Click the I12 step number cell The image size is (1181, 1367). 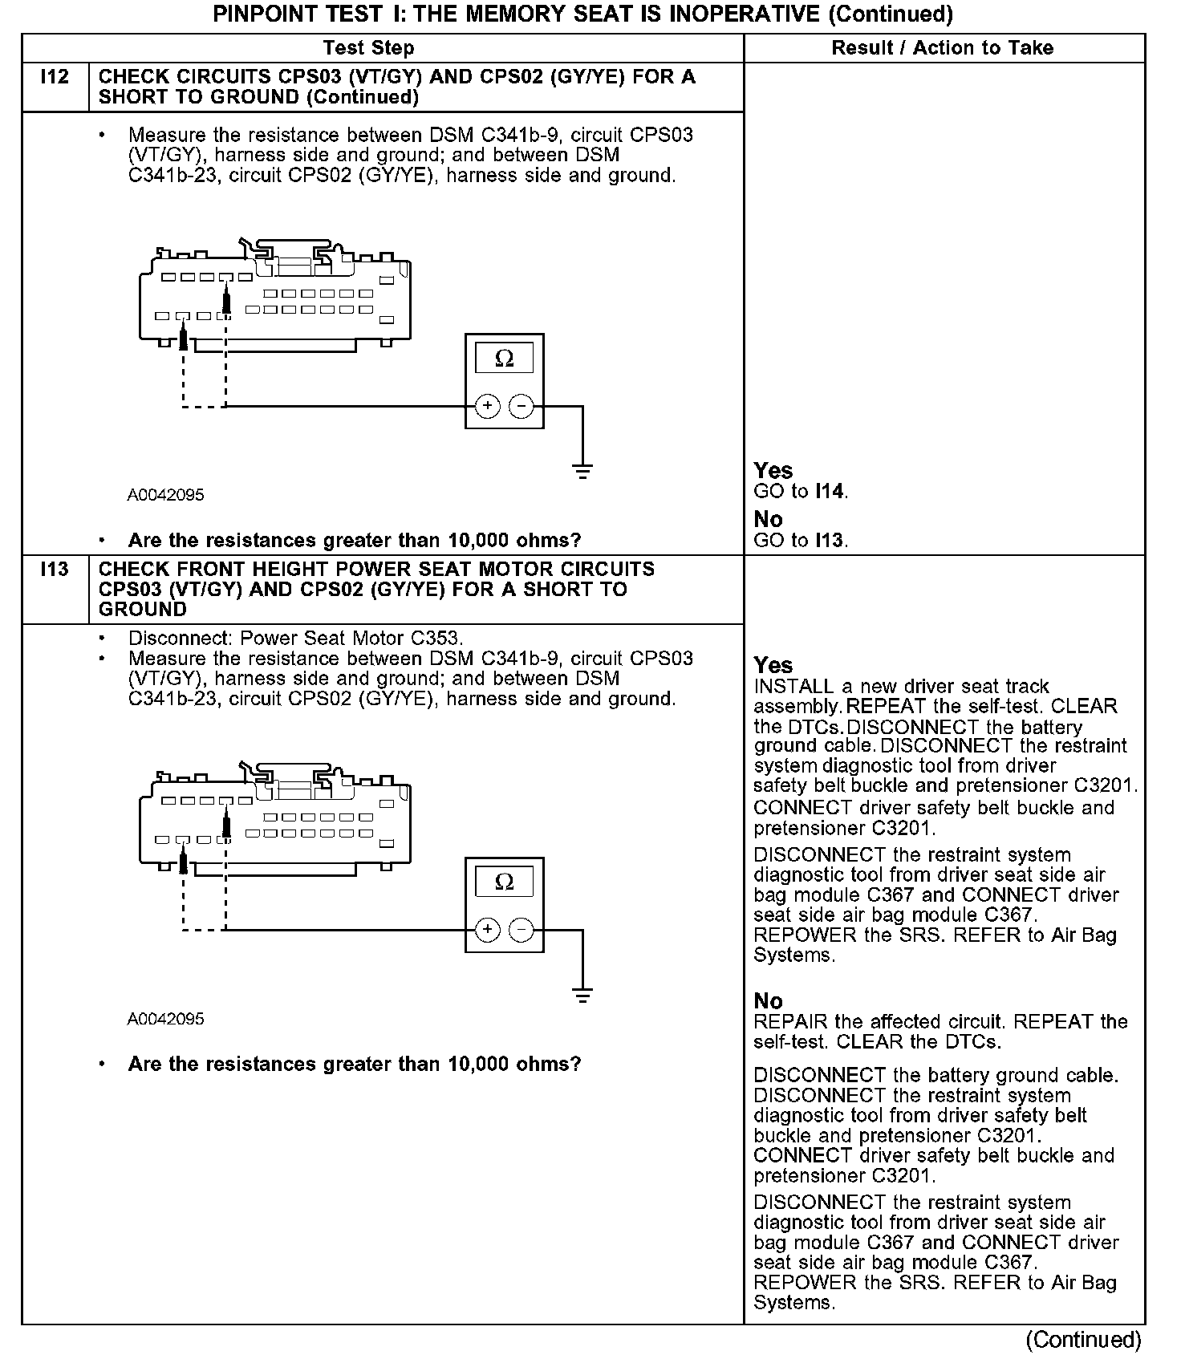pos(55,78)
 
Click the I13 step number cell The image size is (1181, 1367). pos(55,570)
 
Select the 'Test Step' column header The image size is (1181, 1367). pos(368,48)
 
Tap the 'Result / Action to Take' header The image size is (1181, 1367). pos(942,48)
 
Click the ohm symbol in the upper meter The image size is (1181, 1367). pos(504,359)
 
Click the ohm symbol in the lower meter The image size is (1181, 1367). pos(504,882)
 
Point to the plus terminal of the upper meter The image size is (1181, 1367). pos(487,406)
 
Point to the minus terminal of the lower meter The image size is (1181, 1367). pos(522,930)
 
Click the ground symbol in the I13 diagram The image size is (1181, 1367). pos(583,996)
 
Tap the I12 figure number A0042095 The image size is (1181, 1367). pos(165,495)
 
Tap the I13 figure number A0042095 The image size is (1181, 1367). pos(165,1019)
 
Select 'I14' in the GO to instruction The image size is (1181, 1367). pos(830,491)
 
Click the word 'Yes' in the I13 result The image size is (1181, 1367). pos(773,665)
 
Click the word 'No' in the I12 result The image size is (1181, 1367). pos(768,519)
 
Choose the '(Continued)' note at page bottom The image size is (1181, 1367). pos(1083,1340)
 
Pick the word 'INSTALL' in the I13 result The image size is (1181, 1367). pos(793,687)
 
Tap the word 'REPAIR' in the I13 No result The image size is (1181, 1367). pos(790,1022)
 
